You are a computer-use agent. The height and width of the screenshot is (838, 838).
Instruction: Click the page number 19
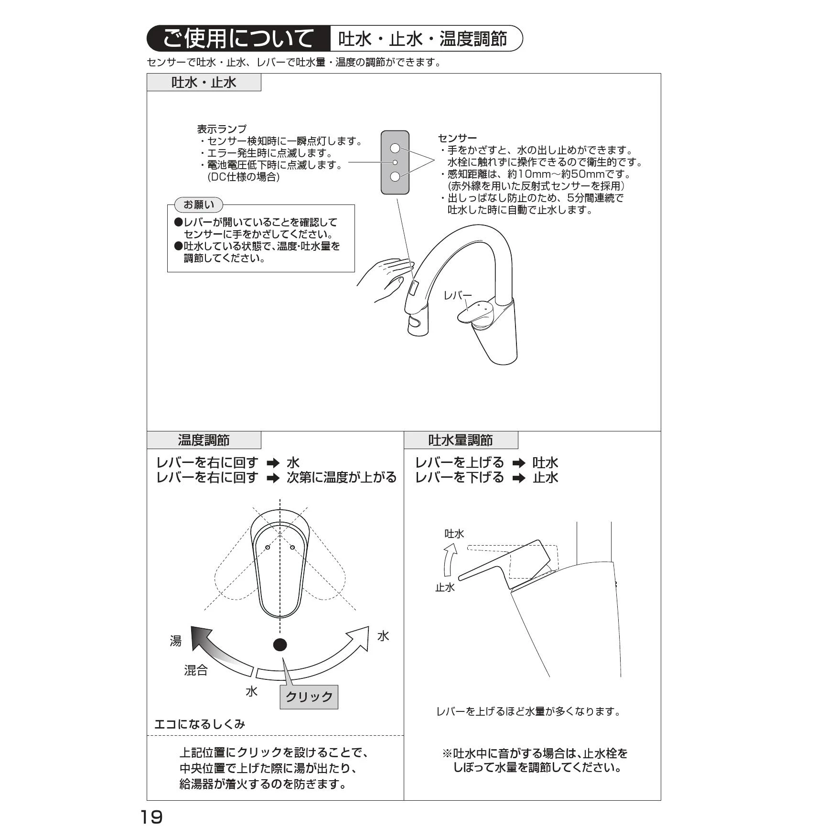(151, 817)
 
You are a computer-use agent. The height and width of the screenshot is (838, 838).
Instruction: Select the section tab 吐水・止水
(204, 82)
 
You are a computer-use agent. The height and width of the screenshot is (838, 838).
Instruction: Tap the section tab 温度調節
(204, 440)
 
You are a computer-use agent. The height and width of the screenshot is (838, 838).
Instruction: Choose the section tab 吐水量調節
(461, 440)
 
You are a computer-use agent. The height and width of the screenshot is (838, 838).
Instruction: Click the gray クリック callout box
(309, 697)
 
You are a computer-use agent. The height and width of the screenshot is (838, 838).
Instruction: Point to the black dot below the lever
(280, 645)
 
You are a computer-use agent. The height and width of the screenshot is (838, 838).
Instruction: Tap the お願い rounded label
(199, 204)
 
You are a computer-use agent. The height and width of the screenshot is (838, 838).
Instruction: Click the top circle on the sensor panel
(395, 148)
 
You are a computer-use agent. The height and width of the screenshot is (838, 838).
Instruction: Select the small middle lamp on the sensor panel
(395, 162)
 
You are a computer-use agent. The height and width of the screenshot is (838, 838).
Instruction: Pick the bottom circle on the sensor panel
(395, 177)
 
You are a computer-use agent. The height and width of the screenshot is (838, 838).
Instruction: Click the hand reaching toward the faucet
(385, 279)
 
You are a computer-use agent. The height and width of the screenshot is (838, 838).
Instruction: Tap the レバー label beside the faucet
(457, 295)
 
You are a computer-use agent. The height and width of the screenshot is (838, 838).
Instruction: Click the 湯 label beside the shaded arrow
(176, 641)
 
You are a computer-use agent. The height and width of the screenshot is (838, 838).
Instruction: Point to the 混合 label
(196, 670)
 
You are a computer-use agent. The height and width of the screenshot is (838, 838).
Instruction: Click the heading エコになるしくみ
(200, 724)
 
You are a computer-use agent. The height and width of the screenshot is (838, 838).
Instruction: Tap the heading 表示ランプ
(222, 129)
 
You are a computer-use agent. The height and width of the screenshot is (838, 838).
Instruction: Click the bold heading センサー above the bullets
(457, 139)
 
